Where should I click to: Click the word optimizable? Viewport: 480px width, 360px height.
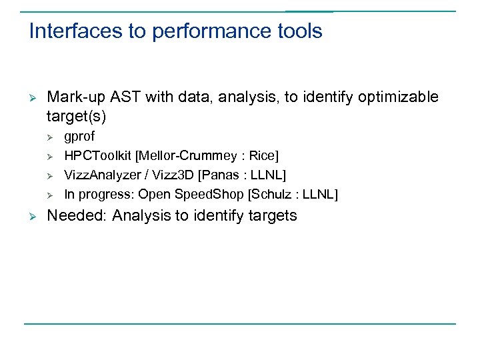click(398, 97)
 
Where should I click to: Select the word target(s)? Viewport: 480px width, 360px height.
click(77, 117)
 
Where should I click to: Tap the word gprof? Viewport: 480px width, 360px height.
click(79, 137)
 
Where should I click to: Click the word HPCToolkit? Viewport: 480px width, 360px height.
click(98, 156)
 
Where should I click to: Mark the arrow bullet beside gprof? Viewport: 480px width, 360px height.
click(50, 137)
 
